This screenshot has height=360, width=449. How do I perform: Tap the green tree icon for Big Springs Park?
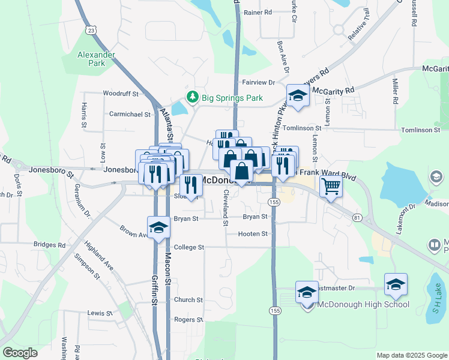(x=192, y=97)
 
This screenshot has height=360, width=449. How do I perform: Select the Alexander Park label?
(x=96, y=59)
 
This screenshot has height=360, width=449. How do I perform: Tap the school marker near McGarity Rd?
(x=297, y=96)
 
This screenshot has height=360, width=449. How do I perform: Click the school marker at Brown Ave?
(x=159, y=227)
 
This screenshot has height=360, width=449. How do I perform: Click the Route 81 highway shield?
(x=357, y=217)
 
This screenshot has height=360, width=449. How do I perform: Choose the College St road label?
(x=189, y=247)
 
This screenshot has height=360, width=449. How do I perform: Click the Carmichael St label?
(x=130, y=113)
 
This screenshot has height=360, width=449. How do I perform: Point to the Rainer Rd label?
(x=259, y=12)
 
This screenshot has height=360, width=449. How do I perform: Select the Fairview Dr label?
(x=258, y=82)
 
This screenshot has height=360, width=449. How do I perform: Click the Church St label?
(x=188, y=300)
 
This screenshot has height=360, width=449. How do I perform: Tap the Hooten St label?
(x=252, y=234)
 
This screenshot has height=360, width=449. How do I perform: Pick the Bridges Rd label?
(x=50, y=245)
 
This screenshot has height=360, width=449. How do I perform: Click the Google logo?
(x=20, y=353)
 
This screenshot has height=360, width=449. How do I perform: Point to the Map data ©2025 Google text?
(x=412, y=355)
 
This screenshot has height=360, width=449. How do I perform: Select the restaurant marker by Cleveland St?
(x=191, y=184)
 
